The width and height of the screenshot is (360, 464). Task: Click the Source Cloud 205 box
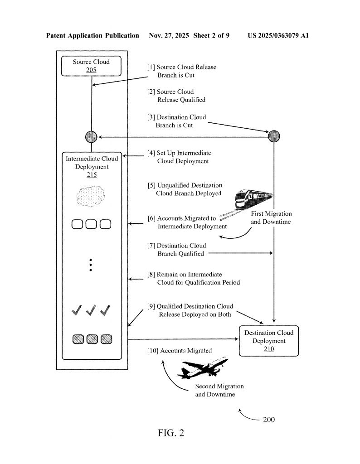(x=91, y=66)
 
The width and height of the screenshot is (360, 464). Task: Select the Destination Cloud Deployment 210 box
(x=269, y=341)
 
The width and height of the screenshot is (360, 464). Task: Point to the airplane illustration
(x=203, y=368)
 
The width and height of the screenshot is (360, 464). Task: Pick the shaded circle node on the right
(x=274, y=136)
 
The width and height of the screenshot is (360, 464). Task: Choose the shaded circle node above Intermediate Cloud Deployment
(x=91, y=136)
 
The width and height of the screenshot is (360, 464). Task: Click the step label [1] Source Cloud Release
(x=181, y=67)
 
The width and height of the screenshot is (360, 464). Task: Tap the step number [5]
(x=151, y=185)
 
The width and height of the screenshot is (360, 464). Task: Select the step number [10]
(x=153, y=350)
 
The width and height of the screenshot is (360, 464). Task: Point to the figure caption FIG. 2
(x=171, y=433)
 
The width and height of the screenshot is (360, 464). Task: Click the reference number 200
(x=268, y=420)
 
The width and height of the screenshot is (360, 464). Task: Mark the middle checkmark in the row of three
(x=91, y=310)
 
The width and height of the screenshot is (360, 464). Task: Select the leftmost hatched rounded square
(x=78, y=339)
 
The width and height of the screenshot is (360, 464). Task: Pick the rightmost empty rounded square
(x=106, y=224)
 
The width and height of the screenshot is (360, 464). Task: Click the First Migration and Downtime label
(x=271, y=218)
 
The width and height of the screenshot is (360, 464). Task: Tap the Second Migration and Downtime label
(x=219, y=390)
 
